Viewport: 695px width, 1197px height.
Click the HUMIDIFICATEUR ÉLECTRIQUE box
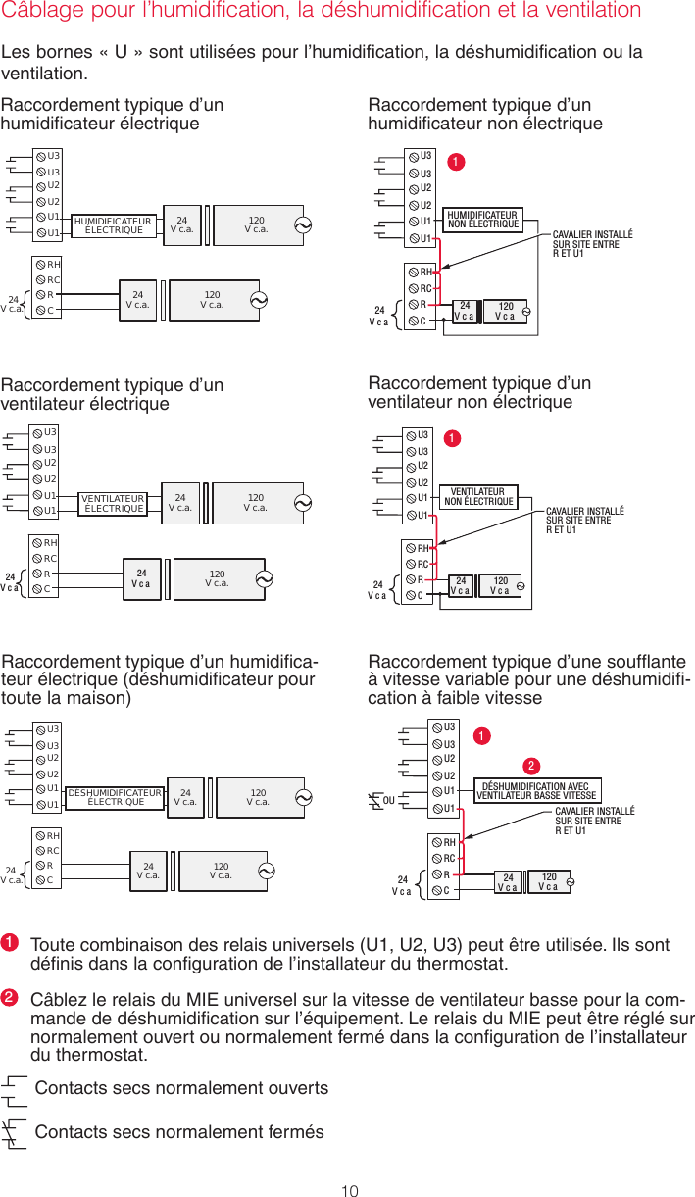pyautogui.click(x=112, y=226)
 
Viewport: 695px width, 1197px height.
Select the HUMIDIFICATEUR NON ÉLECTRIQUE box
pyautogui.click(x=482, y=219)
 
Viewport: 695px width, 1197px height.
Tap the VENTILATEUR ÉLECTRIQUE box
pyautogui.click(x=114, y=503)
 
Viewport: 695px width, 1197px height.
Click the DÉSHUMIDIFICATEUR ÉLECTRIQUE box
pyautogui.click(x=115, y=797)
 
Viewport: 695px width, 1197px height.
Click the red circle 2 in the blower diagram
pyautogui.click(x=529, y=765)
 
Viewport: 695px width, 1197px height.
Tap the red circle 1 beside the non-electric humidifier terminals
pyautogui.click(x=456, y=160)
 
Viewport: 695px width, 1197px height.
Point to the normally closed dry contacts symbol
pyautogui.click(x=14, y=1133)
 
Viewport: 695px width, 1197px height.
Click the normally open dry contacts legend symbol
pyautogui.click(x=14, y=1088)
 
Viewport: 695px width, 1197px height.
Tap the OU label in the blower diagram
pyautogui.click(x=389, y=800)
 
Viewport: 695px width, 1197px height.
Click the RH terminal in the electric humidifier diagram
pyautogui.click(x=53, y=264)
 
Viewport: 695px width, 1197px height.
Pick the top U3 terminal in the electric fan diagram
pyautogui.click(x=50, y=432)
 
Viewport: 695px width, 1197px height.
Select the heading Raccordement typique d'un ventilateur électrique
pyautogui.click(x=112, y=394)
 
